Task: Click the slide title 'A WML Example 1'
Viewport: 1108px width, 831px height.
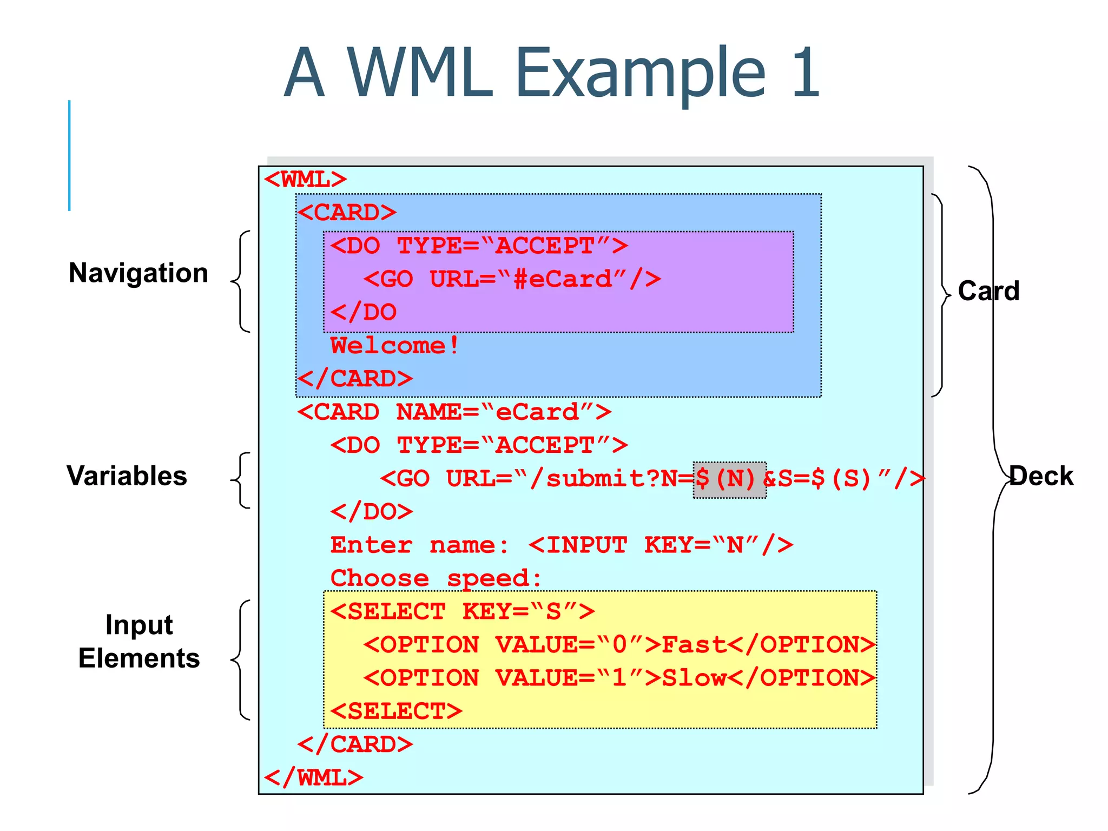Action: (x=552, y=73)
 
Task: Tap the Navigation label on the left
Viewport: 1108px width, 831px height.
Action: (x=138, y=273)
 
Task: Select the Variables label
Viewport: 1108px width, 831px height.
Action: (x=127, y=476)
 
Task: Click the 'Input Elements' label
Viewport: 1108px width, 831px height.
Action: (x=139, y=642)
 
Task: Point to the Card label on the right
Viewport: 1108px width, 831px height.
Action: (x=988, y=291)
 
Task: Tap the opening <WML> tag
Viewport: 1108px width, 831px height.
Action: (x=305, y=180)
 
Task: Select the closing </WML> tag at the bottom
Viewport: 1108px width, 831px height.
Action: (x=313, y=778)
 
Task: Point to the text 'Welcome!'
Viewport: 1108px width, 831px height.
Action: (x=395, y=346)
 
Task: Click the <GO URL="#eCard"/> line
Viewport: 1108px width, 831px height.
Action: (x=512, y=280)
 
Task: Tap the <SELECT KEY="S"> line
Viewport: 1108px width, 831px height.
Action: (x=463, y=612)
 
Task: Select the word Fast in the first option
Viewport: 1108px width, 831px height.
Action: (x=694, y=645)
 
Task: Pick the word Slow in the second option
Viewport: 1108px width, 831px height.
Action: (x=694, y=678)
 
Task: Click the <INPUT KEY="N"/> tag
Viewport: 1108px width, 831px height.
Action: (x=661, y=545)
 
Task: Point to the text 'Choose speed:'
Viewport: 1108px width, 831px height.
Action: (x=436, y=578)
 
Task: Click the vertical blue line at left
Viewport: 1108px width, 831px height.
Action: (x=69, y=156)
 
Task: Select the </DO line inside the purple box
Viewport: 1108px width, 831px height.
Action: (x=364, y=313)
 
